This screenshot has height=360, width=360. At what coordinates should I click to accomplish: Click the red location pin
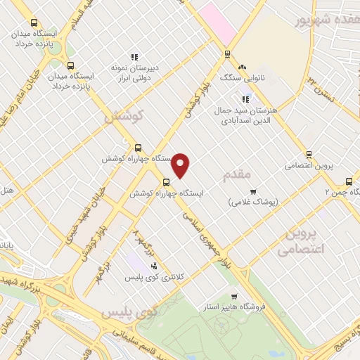point(181,165)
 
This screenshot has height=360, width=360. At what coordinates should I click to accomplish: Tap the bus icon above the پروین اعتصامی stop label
point(309,155)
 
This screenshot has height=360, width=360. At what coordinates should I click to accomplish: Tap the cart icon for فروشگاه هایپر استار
point(235,296)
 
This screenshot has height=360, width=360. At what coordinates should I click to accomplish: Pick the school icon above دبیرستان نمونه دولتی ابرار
point(134,57)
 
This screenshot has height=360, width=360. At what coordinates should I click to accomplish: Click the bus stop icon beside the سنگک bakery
point(227,54)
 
